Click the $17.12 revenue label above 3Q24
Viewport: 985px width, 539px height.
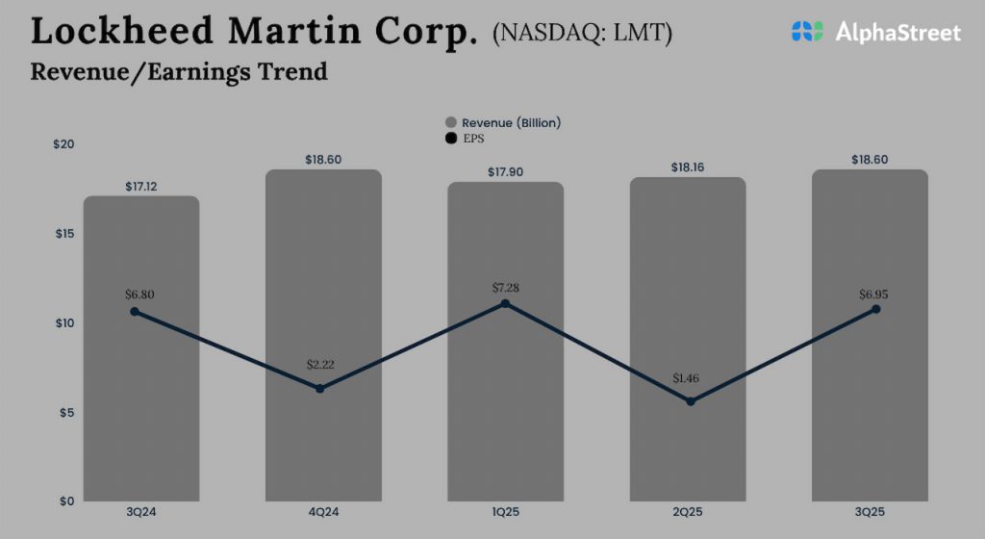point(141,186)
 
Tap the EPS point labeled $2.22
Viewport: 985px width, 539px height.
point(319,388)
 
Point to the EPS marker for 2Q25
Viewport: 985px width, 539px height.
point(690,400)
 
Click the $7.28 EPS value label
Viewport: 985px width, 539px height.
point(505,288)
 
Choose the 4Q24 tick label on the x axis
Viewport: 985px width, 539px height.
point(323,511)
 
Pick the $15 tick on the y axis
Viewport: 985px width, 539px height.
point(63,233)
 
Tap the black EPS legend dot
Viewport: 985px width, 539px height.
point(450,140)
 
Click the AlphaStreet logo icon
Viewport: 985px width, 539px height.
point(807,32)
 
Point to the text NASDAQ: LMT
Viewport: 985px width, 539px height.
point(582,34)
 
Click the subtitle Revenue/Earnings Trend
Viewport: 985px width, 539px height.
point(179,71)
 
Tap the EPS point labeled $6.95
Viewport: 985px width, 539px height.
point(875,309)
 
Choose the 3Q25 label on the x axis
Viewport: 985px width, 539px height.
point(870,511)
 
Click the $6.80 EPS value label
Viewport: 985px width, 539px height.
point(139,295)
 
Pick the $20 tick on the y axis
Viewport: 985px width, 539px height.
point(63,143)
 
